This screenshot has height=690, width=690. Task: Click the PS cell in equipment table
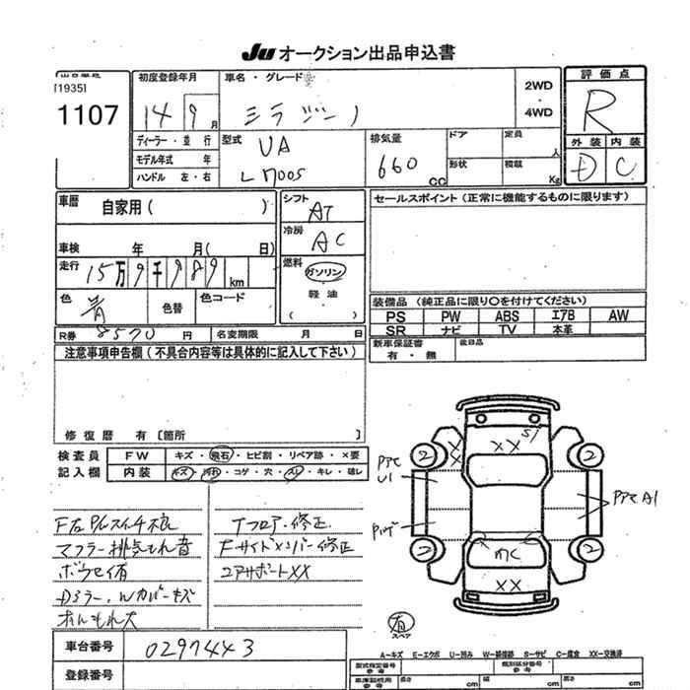point(397,316)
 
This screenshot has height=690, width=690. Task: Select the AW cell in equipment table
point(618,316)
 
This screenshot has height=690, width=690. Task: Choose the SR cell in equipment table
point(397,330)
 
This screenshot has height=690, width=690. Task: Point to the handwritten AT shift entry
point(321,211)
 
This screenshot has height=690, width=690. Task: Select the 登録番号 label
point(90,675)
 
